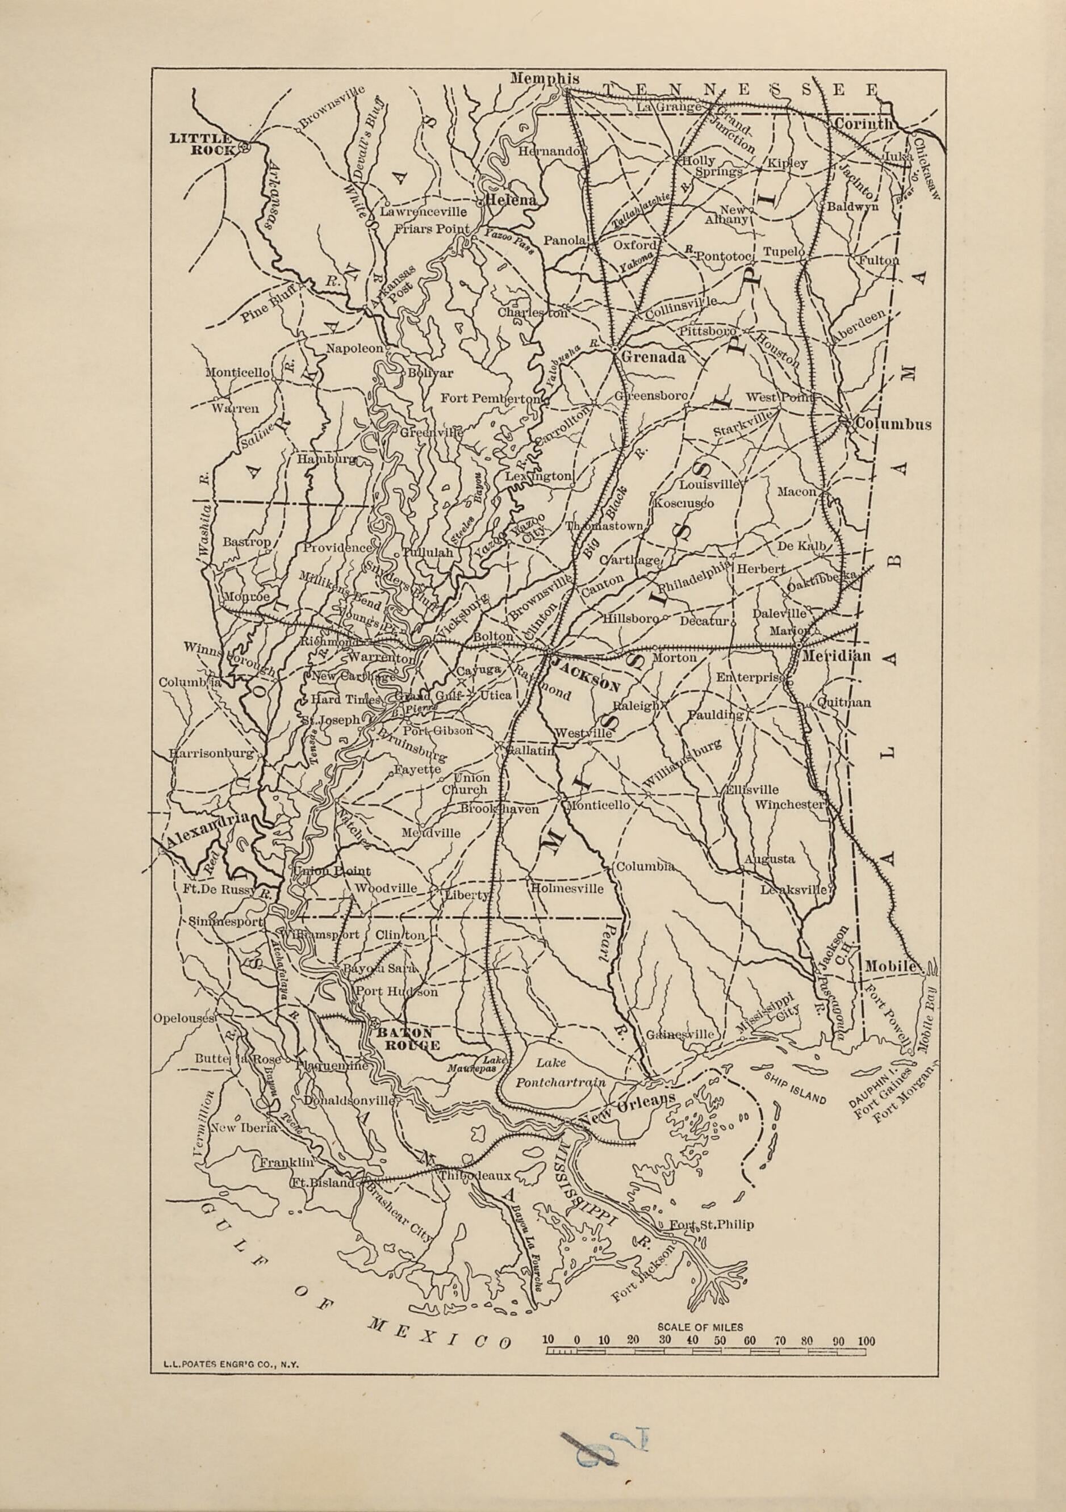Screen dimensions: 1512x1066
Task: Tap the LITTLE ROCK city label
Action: pos(200,144)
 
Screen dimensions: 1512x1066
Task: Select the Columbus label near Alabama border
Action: pos(893,424)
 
